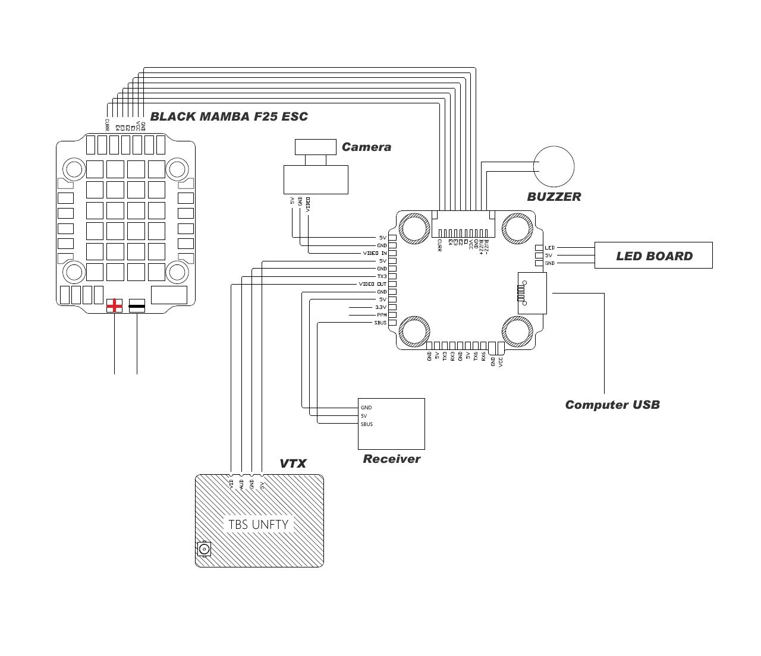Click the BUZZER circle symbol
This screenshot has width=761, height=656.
click(x=554, y=166)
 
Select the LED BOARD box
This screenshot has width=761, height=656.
click(x=653, y=256)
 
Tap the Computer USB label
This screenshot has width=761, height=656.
click(x=612, y=405)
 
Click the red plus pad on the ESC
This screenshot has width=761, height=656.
click(x=114, y=306)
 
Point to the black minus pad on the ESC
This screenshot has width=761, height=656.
click(x=137, y=307)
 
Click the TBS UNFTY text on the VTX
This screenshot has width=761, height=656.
click(x=258, y=525)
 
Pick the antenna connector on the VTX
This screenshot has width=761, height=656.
click(x=204, y=549)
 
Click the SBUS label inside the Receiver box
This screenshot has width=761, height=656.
click(x=367, y=424)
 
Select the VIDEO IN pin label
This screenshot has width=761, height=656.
click(x=375, y=253)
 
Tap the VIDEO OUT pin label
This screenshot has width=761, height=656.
click(x=373, y=284)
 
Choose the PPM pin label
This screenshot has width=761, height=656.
click(x=381, y=315)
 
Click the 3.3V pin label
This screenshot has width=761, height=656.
click(x=380, y=307)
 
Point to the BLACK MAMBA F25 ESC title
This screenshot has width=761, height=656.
click(x=229, y=116)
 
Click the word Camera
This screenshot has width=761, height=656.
click(x=366, y=147)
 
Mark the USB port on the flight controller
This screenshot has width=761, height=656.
click(x=532, y=293)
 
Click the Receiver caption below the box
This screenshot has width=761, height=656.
click(x=391, y=459)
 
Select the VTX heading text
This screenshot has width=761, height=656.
click(x=293, y=463)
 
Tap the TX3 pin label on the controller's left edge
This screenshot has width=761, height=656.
click(x=382, y=276)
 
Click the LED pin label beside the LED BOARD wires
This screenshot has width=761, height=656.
click(x=549, y=248)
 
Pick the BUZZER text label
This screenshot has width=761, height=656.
click(x=554, y=197)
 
